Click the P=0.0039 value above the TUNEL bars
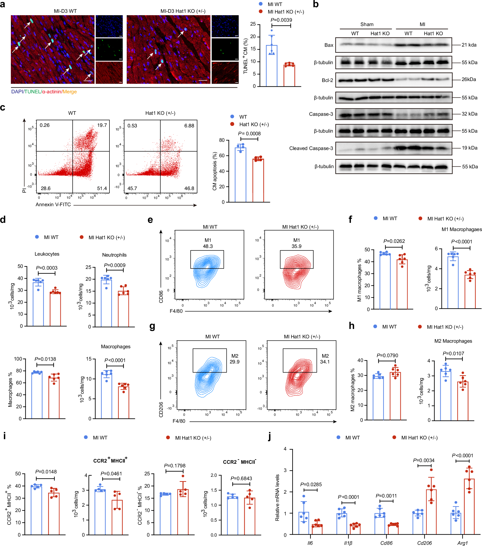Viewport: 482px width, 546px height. click(x=281, y=20)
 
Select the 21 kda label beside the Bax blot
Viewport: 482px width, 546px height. click(x=469, y=45)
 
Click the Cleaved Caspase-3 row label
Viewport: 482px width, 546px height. click(x=311, y=148)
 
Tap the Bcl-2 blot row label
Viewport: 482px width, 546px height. click(x=327, y=80)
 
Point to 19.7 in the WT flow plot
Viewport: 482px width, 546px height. click(x=102, y=125)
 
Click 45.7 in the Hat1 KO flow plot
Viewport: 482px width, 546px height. click(x=132, y=188)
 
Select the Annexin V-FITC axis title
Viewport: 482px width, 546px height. click(x=53, y=205)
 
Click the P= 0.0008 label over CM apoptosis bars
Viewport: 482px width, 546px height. click(x=249, y=134)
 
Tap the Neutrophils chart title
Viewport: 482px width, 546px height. click(x=114, y=255)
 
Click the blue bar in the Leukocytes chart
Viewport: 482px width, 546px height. click(x=38, y=305)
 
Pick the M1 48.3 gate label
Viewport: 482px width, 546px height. click(x=208, y=243)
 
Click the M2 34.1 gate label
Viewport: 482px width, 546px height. click(x=325, y=359)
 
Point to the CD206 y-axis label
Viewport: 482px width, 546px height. click(x=161, y=409)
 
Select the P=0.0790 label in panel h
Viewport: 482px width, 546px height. click(x=387, y=355)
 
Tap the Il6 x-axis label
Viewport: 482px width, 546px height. click(x=310, y=543)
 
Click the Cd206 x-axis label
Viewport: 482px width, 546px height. click(x=424, y=543)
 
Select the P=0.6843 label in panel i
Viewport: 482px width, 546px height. click(x=241, y=478)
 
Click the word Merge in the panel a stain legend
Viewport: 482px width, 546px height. click(x=70, y=92)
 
